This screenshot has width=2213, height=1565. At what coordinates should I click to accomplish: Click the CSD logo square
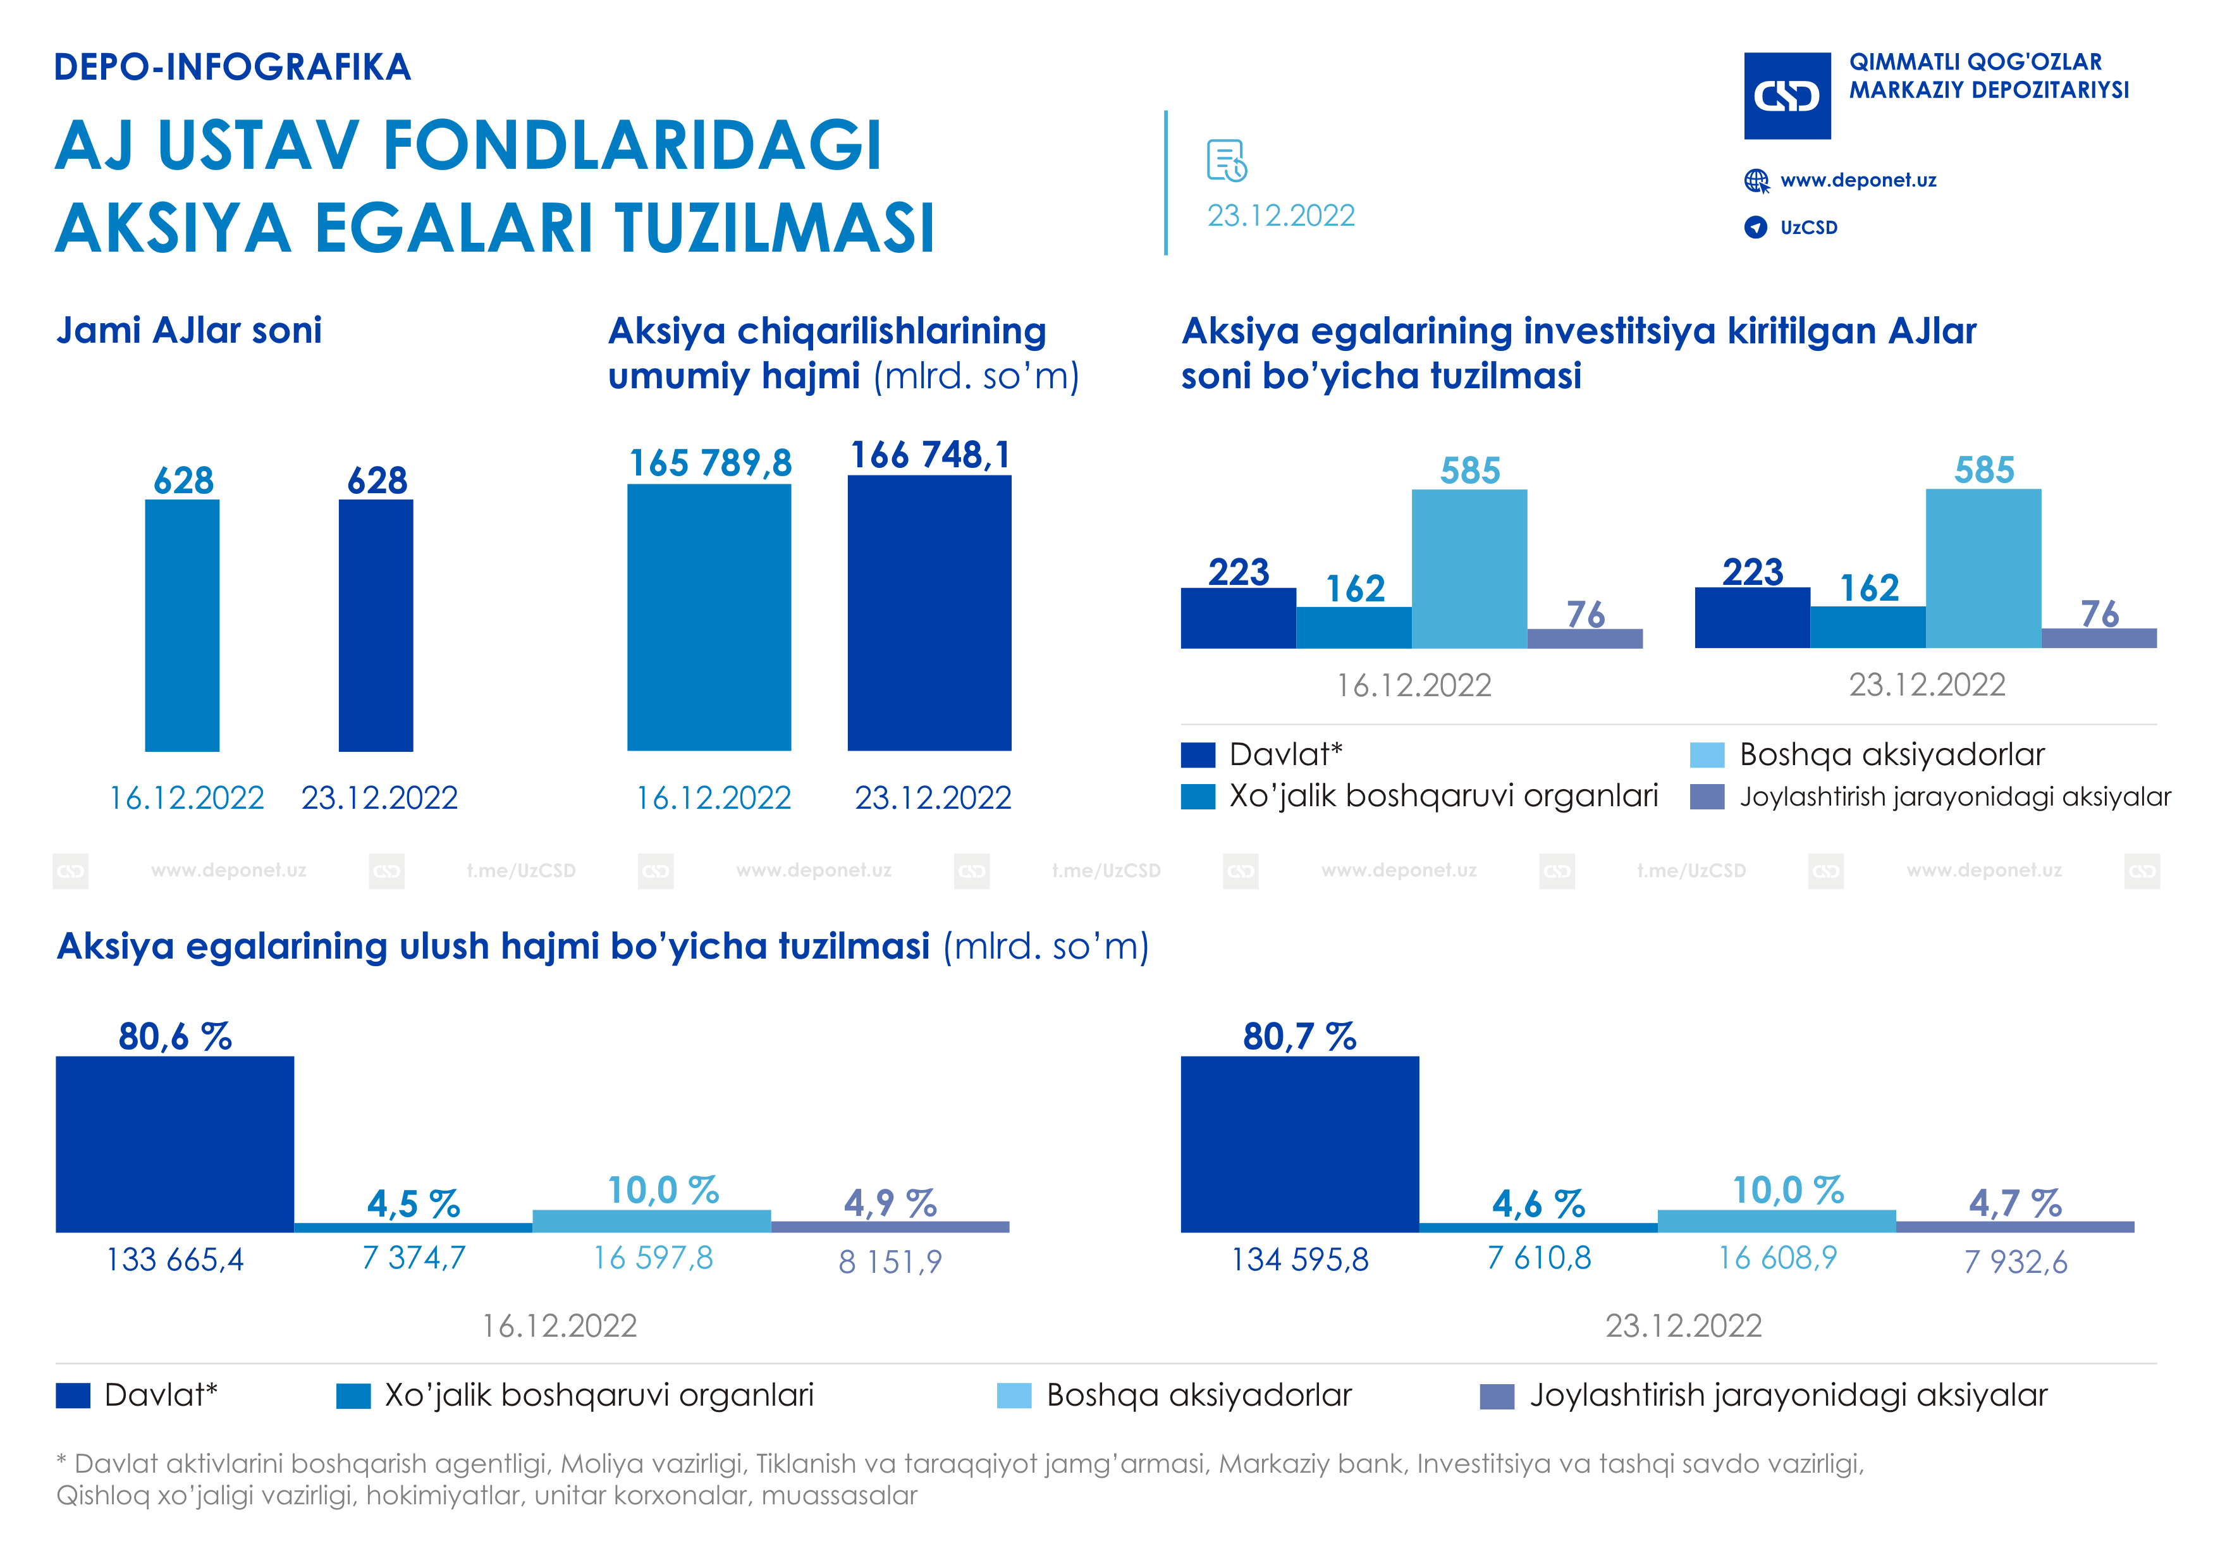[x=1787, y=95]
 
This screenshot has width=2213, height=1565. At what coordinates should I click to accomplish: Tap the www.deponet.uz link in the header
[x=1858, y=180]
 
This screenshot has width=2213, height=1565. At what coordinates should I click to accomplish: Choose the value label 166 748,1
[x=930, y=455]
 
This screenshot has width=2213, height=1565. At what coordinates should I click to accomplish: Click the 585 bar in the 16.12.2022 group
[x=1469, y=568]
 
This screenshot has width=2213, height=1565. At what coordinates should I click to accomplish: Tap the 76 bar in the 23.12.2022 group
[x=2099, y=638]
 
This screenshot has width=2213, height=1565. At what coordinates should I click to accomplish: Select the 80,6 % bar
[x=175, y=1144]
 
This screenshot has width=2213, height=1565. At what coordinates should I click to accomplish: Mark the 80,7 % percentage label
[x=1299, y=1037]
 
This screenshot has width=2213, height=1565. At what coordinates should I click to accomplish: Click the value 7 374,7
[x=414, y=1258]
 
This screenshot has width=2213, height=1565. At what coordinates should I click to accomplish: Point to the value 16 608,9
[x=1777, y=1258]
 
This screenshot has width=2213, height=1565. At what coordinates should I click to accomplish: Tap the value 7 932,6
[x=2016, y=1261]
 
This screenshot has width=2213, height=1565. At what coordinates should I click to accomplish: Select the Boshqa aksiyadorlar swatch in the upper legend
[x=1706, y=754]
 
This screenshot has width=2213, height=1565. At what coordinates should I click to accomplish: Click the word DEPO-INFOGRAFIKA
[x=232, y=68]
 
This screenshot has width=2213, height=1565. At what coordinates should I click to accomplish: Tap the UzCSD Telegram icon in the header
[x=1755, y=228]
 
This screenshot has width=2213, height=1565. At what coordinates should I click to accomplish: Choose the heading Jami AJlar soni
[x=189, y=331]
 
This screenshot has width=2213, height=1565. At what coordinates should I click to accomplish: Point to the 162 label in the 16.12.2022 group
[x=1354, y=589]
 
